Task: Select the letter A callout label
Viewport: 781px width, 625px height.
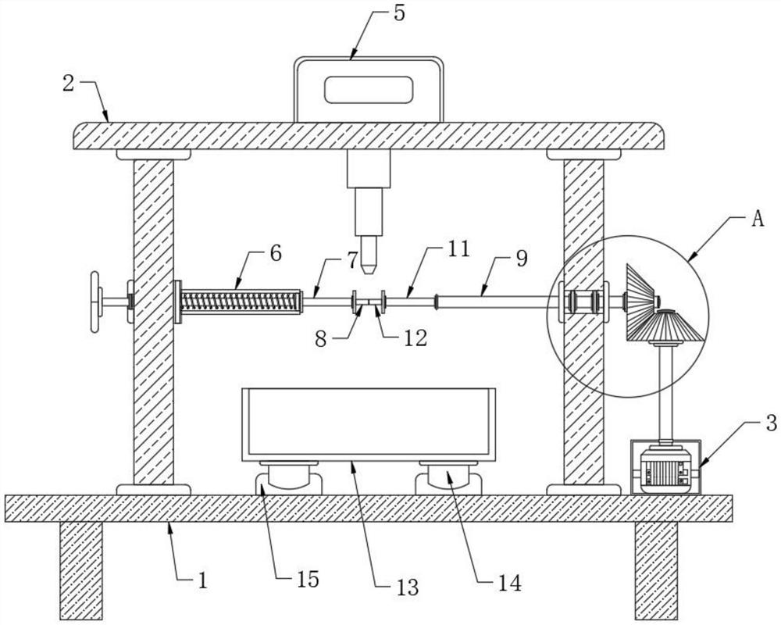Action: tap(756, 220)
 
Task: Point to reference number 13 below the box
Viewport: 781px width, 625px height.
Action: tap(407, 586)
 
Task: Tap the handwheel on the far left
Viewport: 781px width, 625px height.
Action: tap(95, 302)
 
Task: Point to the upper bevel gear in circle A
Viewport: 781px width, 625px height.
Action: tap(641, 295)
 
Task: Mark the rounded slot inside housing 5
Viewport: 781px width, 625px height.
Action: tap(369, 90)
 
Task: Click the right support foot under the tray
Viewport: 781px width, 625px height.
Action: tap(448, 478)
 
